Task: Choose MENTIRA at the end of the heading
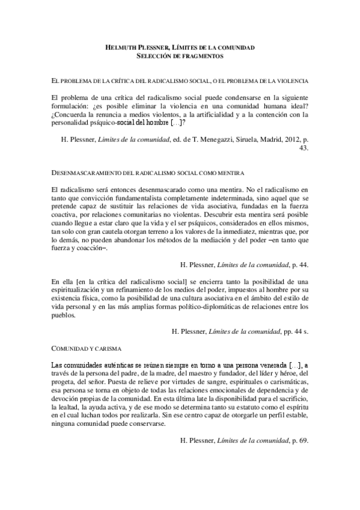229,173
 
